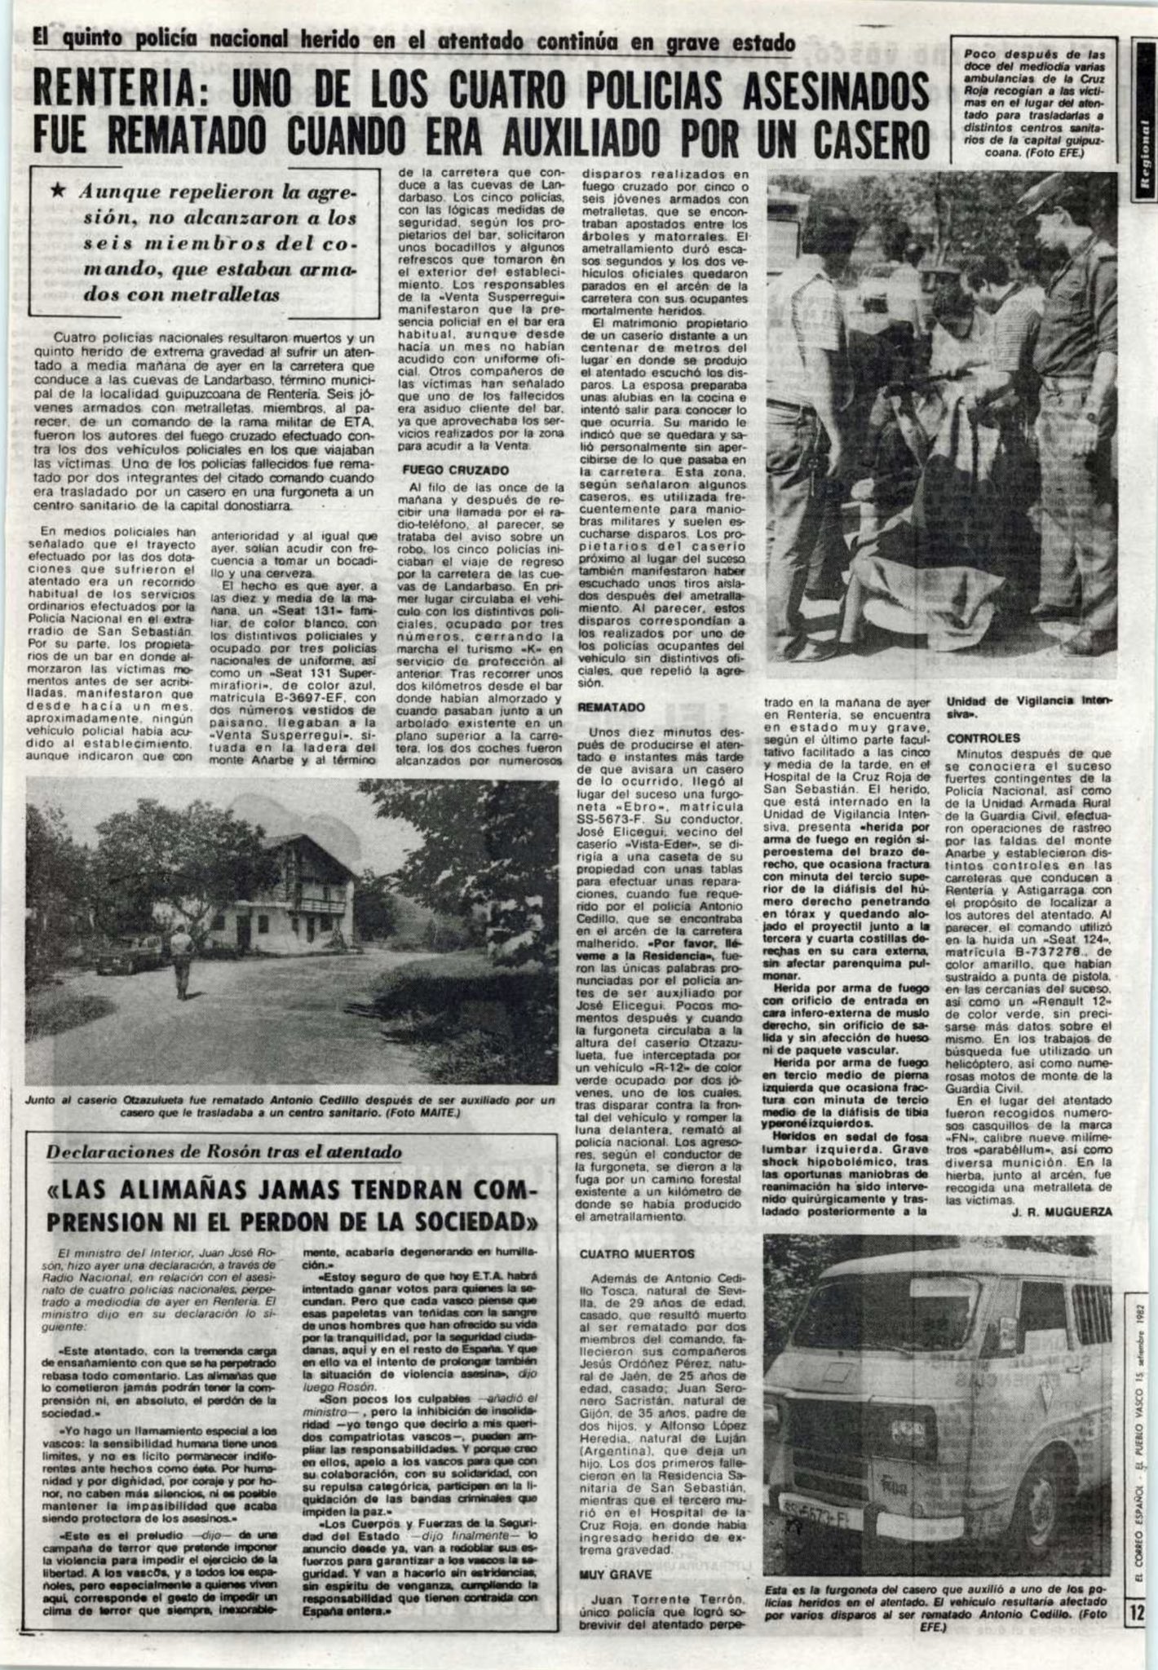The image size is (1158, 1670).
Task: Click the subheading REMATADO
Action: pos(612,708)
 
